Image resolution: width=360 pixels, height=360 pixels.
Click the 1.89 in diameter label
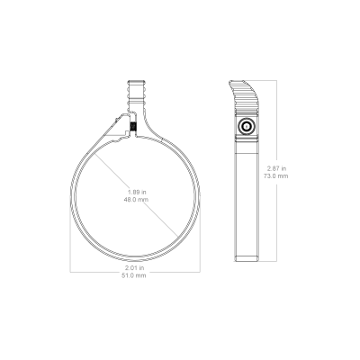pos(137,192)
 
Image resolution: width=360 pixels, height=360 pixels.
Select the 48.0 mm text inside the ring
pos(136,200)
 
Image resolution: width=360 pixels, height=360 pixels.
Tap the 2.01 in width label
pos(135,267)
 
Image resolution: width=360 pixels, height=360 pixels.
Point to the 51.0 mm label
pos(134,275)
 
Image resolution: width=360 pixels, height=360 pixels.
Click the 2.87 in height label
pos(277,168)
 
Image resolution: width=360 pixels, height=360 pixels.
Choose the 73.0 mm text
pos(276,175)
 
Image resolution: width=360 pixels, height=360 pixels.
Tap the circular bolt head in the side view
pos(247,127)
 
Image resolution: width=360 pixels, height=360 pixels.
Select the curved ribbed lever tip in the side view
pos(245,94)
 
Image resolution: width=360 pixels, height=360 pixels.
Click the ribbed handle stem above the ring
pos(137,96)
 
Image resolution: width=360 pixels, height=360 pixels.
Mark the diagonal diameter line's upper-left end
pos(94,154)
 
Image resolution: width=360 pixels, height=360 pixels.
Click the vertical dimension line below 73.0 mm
pos(276,220)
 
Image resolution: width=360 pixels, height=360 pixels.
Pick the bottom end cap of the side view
pos(247,258)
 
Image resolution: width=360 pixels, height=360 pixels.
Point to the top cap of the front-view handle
pos(137,82)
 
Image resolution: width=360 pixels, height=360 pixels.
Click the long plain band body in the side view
pos(247,198)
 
